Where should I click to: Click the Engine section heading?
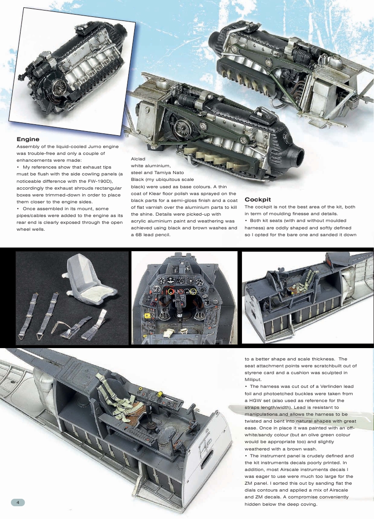pos(28,139)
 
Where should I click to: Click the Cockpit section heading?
pos(258,200)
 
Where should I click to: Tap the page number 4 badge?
pos(17,502)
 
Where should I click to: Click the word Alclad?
pos(138,159)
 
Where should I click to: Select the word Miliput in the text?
pos(256,378)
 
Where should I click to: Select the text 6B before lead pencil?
pos(136,234)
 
